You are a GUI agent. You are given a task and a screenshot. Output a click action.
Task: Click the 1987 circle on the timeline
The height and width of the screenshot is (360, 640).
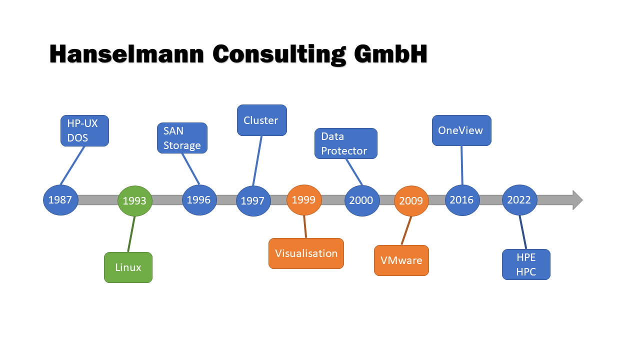pos(60,200)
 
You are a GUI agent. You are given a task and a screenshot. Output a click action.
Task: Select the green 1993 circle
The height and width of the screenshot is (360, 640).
pos(134,201)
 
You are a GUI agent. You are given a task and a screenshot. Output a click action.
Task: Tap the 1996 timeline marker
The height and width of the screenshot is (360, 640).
pos(199,200)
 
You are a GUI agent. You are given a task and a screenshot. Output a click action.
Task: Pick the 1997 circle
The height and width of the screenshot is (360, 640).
pos(253,201)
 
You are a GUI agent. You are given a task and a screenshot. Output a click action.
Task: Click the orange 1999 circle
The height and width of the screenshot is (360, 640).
pos(304,200)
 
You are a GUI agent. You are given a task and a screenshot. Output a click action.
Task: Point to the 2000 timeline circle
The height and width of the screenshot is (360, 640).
pos(361,200)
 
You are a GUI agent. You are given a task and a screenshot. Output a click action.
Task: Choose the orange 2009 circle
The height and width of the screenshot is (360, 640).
pos(411,201)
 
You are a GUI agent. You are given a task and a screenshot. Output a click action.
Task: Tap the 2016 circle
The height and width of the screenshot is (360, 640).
pos(462,200)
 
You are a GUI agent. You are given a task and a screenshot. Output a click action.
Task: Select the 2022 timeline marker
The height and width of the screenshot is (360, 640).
pos(519,200)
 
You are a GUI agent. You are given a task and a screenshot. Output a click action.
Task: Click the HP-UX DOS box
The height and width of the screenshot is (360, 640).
pos(84,131)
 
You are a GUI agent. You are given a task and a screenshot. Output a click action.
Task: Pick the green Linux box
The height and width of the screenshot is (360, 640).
pos(128,267)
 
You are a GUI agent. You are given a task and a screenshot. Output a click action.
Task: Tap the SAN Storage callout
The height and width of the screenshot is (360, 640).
pos(182,138)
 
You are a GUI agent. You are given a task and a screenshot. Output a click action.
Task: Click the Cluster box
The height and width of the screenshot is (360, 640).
pos(261,120)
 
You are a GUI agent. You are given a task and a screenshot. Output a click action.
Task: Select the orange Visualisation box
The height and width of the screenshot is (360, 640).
pos(306,253)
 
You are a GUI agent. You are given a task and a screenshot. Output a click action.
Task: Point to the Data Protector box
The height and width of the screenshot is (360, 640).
pos(346,143)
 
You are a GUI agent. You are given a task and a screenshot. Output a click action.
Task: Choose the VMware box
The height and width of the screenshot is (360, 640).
pos(401,260)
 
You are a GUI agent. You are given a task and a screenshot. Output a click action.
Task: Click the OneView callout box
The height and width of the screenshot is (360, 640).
pos(461,130)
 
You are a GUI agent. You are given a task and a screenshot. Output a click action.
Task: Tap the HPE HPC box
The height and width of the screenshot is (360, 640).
pos(526,264)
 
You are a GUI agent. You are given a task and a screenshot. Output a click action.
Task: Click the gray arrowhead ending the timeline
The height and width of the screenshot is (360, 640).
pos(577,200)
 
